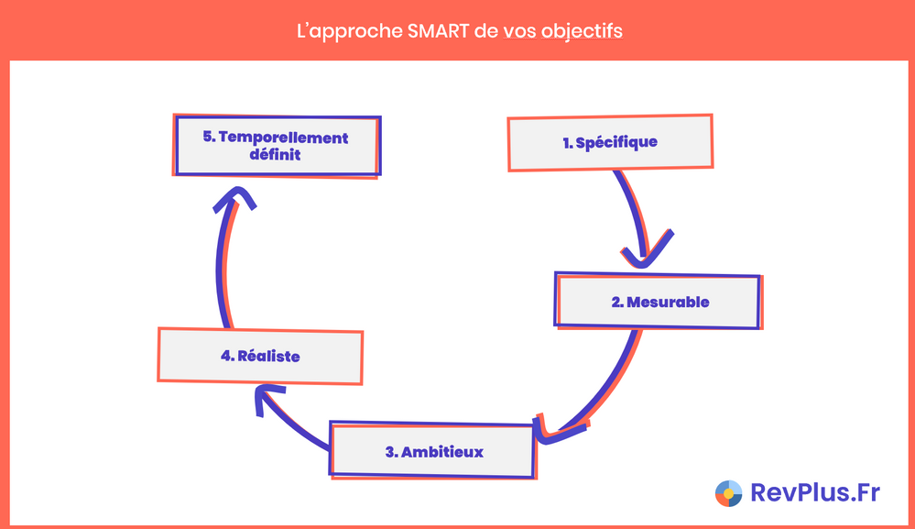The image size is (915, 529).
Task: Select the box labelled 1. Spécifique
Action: (610, 143)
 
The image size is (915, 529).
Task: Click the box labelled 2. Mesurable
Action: (659, 301)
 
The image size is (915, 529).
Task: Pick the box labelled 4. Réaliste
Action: (260, 355)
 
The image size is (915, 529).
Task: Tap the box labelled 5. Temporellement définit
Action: (276, 147)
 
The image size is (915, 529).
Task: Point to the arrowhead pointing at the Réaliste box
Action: (265, 398)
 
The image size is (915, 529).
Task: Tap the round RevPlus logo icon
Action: (729, 493)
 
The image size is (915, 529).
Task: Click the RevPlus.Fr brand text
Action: (814, 492)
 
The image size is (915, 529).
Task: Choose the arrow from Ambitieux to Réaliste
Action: (293, 423)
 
